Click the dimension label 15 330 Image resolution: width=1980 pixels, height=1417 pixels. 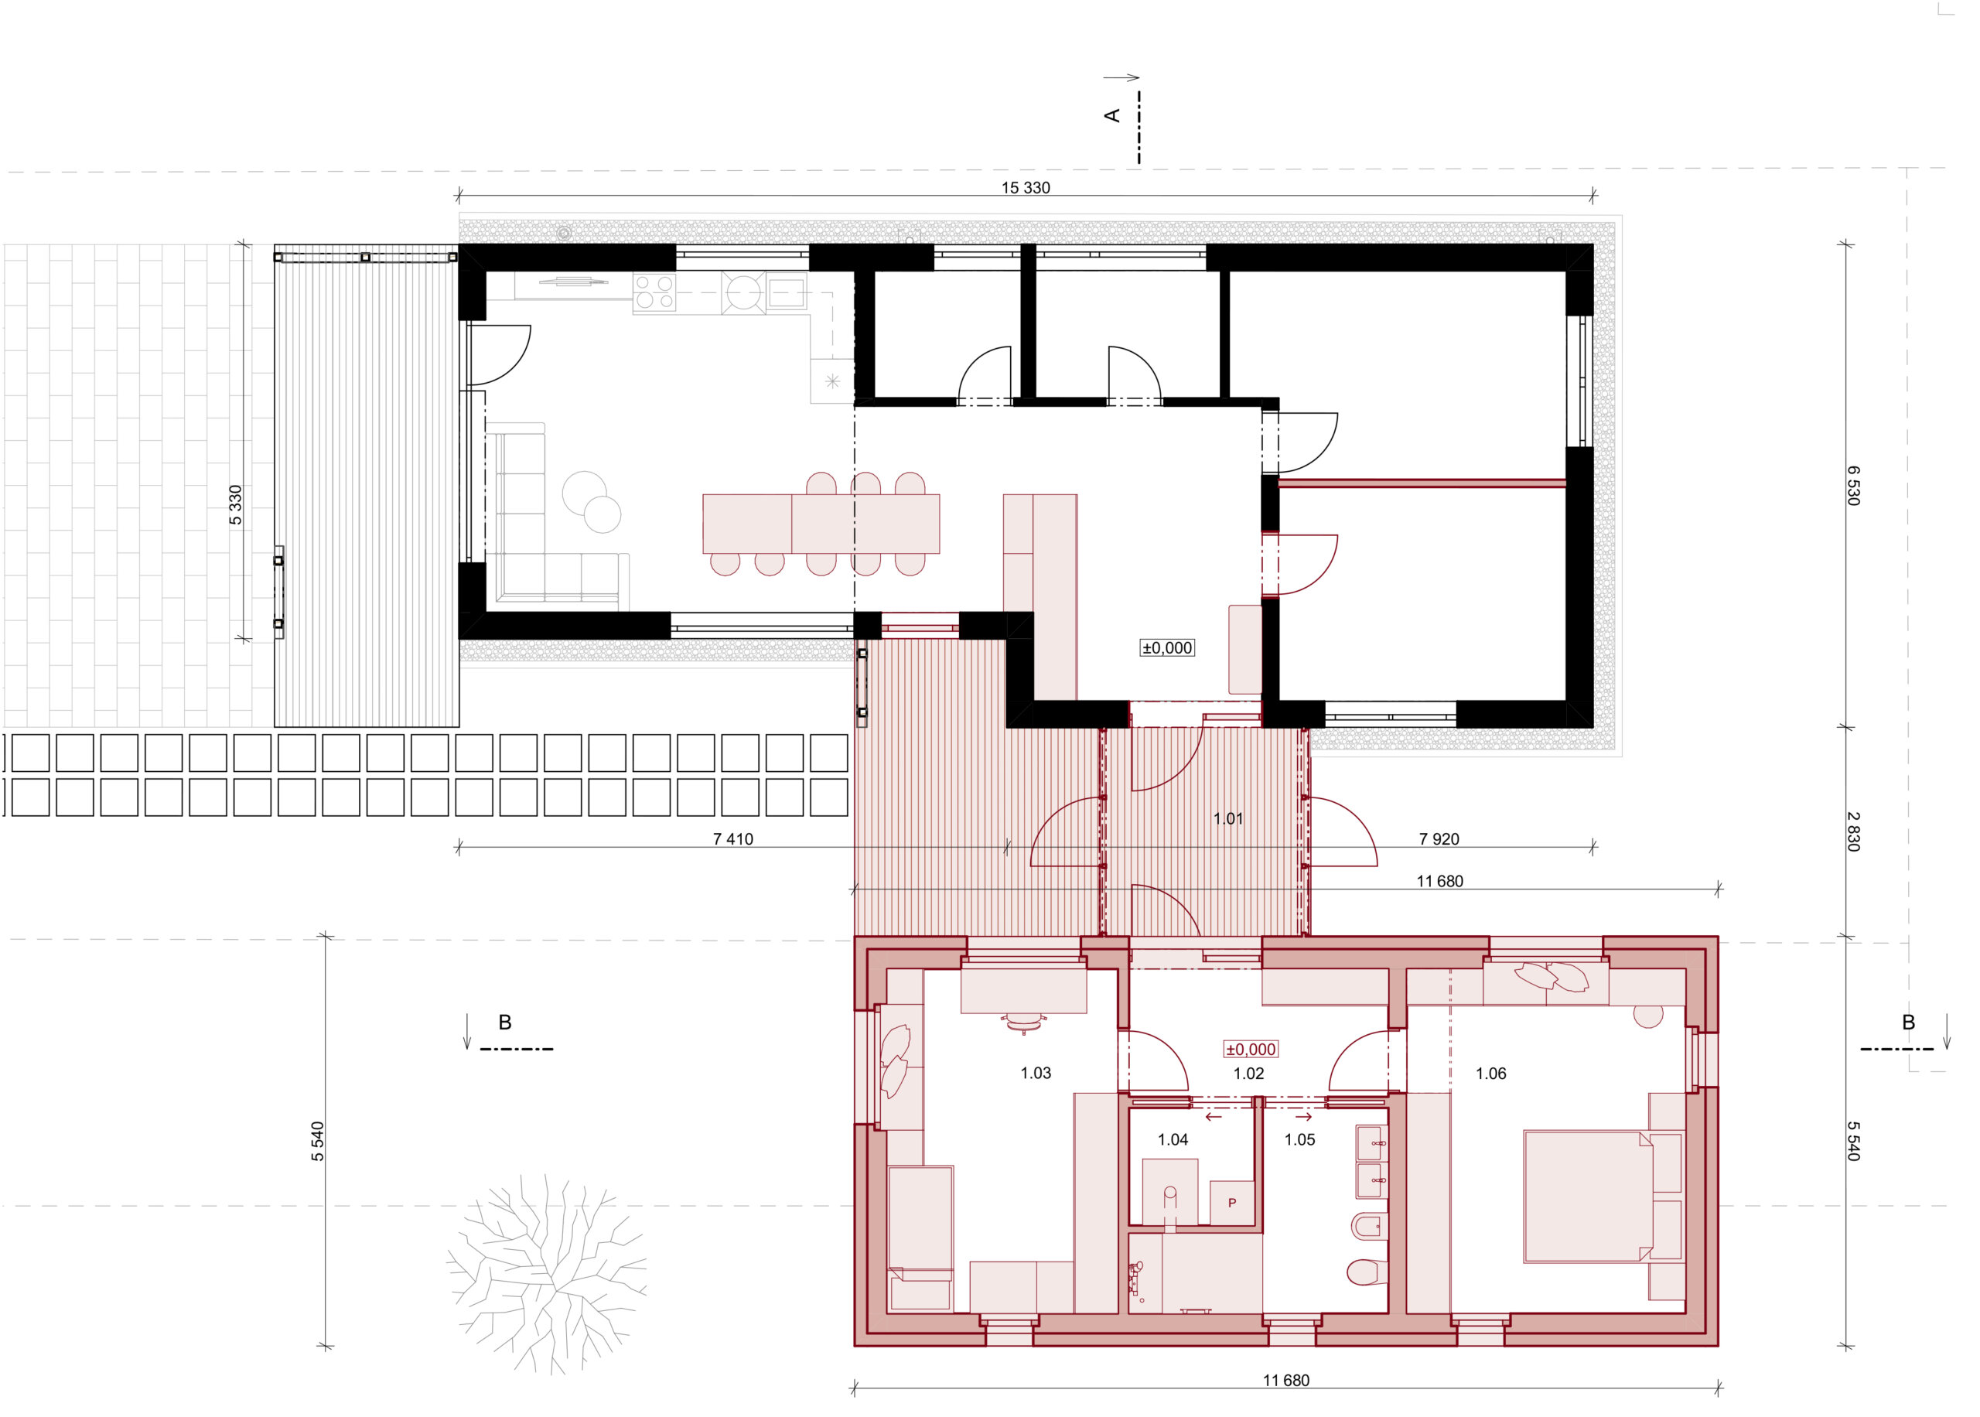[x=1025, y=188]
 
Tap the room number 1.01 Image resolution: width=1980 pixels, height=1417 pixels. [x=1228, y=818]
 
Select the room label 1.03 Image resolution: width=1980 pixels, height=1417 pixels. [x=1036, y=1074]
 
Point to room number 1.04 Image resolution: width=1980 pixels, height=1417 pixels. [x=1173, y=1139]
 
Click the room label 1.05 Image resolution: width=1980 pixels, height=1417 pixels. [x=1299, y=1139]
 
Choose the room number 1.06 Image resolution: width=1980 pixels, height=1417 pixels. [x=1490, y=1074]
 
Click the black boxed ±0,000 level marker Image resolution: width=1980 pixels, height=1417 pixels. [x=1167, y=647]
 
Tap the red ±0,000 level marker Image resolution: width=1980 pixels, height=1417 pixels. [x=1251, y=1049]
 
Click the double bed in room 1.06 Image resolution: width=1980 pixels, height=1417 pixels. [x=1588, y=1197]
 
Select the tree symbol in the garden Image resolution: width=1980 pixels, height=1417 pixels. [x=547, y=1273]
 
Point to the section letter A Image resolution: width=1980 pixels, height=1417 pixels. [x=1113, y=115]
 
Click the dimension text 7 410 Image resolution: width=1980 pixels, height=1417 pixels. [x=732, y=839]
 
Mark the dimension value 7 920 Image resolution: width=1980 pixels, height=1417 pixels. [x=1439, y=839]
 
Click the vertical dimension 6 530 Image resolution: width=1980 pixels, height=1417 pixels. [x=1852, y=485]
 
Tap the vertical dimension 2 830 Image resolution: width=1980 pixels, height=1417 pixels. [x=1852, y=831]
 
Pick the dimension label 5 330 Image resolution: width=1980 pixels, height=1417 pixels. [x=235, y=505]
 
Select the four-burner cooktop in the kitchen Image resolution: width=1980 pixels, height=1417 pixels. [x=654, y=292]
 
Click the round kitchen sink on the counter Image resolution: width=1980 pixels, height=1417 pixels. [x=743, y=292]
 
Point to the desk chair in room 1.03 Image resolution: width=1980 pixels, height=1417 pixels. [x=1025, y=1022]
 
